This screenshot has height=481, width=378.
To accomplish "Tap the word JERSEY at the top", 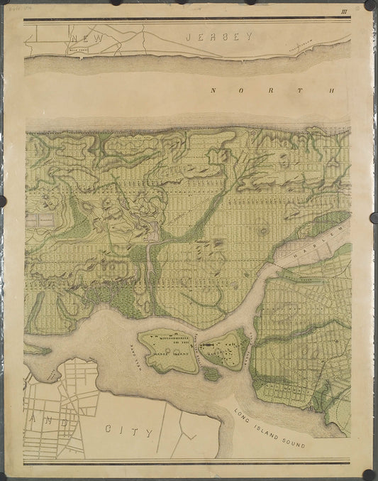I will (x=218, y=36).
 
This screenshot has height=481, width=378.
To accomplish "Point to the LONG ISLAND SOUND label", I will (x=272, y=430).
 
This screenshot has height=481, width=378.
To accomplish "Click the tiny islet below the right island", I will (x=211, y=372).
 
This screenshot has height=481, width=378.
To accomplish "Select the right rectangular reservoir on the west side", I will (x=48, y=222).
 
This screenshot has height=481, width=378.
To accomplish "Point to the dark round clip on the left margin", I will (x=4, y=200).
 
